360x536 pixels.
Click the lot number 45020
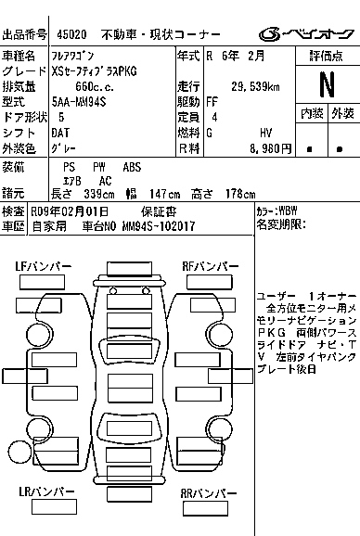(x=71, y=34)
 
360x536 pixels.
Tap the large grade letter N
(x=327, y=84)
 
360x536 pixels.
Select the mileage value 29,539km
(x=255, y=86)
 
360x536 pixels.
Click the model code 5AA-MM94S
(x=79, y=102)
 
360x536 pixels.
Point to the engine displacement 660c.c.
(x=95, y=86)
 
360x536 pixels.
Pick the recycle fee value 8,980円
(x=271, y=148)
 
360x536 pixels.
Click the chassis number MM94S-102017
(x=159, y=226)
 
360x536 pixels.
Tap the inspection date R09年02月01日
(x=70, y=211)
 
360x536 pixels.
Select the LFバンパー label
(x=44, y=266)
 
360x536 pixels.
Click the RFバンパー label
(x=211, y=266)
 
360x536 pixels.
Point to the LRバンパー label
(x=46, y=491)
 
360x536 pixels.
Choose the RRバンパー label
(x=209, y=493)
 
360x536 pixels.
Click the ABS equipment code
(x=132, y=167)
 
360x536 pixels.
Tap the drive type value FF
(x=212, y=102)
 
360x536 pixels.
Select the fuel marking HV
(x=265, y=133)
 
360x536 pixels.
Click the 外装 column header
(x=342, y=114)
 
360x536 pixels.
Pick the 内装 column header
(x=312, y=114)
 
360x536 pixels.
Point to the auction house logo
(x=306, y=34)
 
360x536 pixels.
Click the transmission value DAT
(x=60, y=133)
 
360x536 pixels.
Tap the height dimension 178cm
(x=240, y=194)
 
